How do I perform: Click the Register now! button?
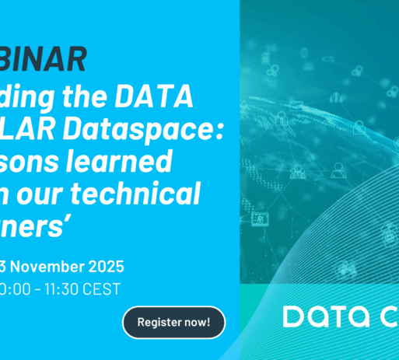(173, 322)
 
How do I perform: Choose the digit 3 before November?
(4, 267)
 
